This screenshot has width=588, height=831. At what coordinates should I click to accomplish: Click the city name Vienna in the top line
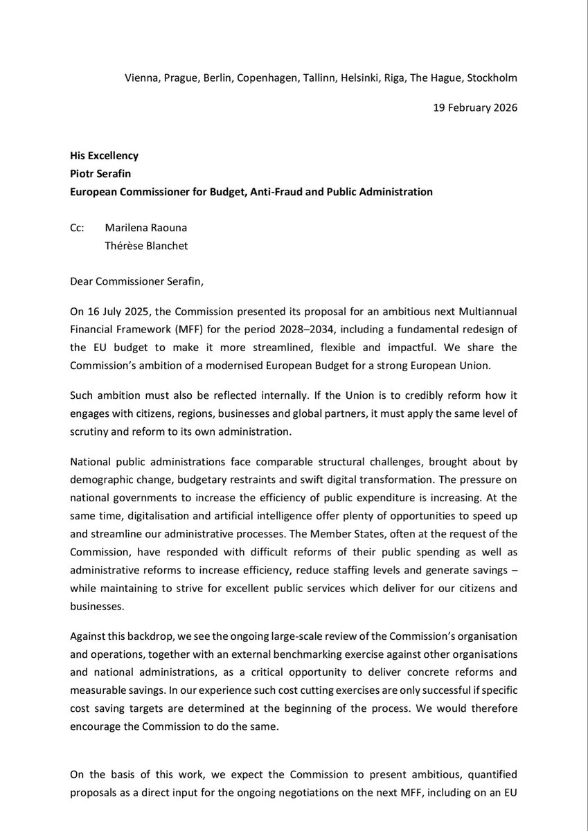coord(142,78)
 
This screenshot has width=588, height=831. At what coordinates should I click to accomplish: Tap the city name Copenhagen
coord(267,78)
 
